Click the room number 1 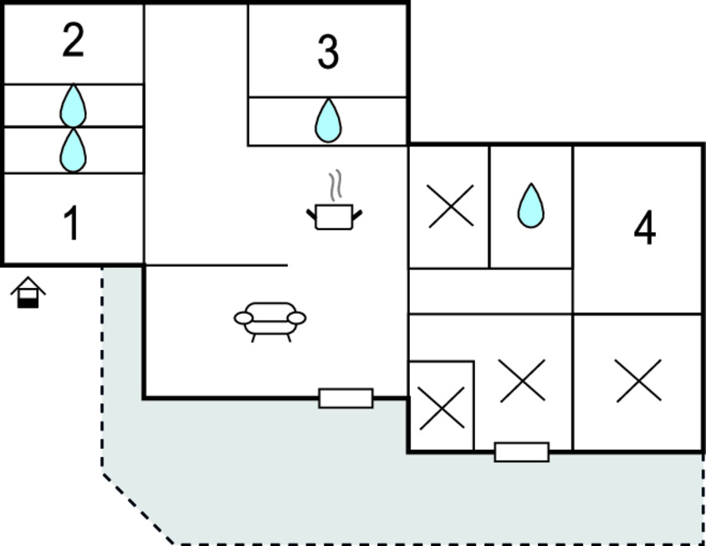(x=72, y=223)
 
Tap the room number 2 (x=73, y=40)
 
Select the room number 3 (x=328, y=52)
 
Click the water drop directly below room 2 (x=73, y=106)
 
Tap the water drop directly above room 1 (x=73, y=151)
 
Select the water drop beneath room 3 (x=328, y=121)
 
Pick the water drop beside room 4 (x=531, y=206)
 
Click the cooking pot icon (x=334, y=217)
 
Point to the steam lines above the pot (x=335, y=185)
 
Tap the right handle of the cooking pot (x=357, y=214)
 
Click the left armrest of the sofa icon (x=243, y=318)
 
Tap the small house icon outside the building (x=28, y=292)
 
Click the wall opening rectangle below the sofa (x=345, y=398)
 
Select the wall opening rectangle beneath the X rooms (x=522, y=452)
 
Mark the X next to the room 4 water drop (x=451, y=206)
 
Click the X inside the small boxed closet (x=442, y=409)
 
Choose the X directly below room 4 (x=638, y=381)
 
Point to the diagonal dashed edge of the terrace (x=138, y=508)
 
